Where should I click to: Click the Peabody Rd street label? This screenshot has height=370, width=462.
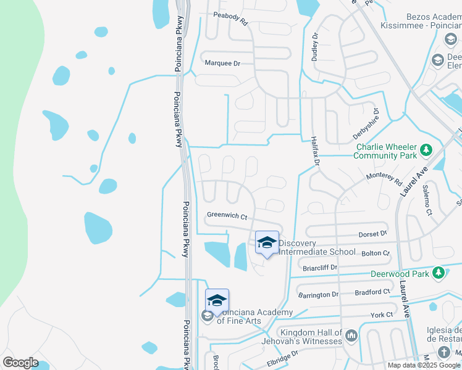230,18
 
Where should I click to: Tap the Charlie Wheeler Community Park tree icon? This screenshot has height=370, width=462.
426,149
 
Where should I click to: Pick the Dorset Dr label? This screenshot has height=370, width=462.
372,234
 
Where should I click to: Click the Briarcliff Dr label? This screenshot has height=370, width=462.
321,268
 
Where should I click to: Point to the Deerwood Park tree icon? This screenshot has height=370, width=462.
439,273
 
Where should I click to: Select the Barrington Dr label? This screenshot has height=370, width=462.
318,295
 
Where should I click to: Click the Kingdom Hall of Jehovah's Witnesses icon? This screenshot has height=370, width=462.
351,336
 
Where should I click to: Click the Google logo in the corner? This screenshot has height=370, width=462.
20,362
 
